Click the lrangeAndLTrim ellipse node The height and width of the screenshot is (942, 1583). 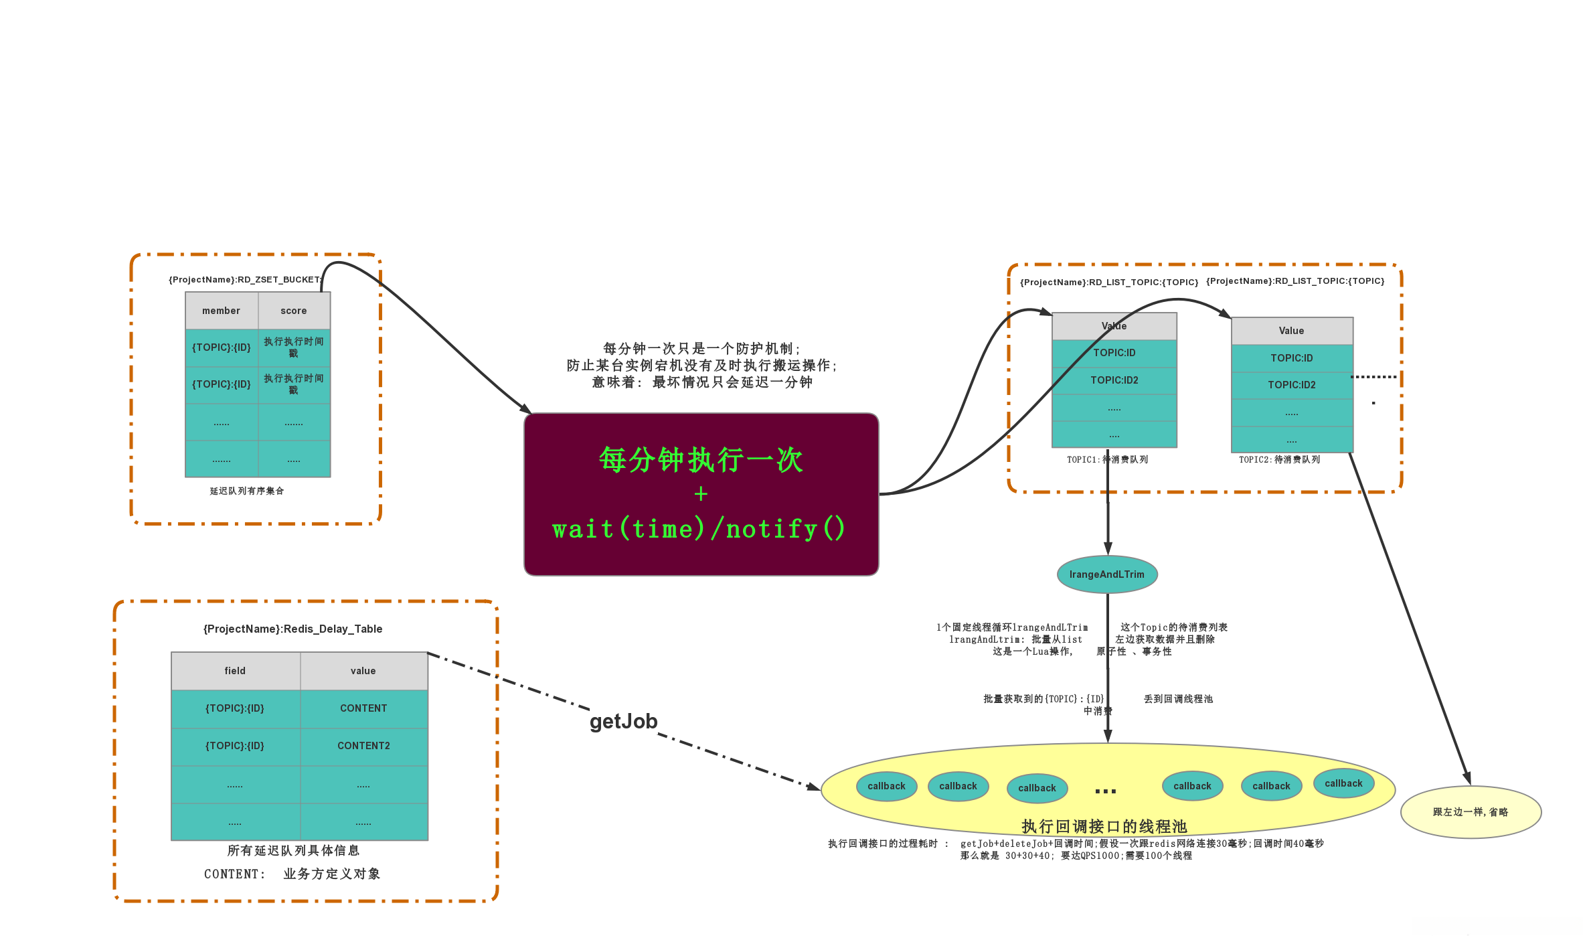point(1106,574)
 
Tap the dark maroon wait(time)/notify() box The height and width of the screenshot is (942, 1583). point(701,494)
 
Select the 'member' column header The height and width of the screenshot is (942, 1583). point(222,311)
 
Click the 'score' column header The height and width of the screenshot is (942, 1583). point(294,311)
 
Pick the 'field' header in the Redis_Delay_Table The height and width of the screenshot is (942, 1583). point(235,671)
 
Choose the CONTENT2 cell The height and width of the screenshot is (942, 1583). point(363,746)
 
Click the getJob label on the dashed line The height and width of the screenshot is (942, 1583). point(623,721)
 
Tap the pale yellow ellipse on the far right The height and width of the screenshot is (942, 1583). point(1471,812)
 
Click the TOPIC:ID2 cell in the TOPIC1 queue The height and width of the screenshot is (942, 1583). point(1114,380)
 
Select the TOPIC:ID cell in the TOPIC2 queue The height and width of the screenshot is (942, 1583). point(1292,358)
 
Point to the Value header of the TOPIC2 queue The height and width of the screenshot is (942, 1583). point(1292,331)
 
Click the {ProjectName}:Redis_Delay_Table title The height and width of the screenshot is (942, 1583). point(293,629)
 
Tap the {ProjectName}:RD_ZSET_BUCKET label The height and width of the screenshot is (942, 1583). point(245,280)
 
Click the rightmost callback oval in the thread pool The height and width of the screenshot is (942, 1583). point(1343,783)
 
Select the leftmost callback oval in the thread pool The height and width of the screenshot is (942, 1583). point(886,786)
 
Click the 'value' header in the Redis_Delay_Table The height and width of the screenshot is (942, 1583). point(363,671)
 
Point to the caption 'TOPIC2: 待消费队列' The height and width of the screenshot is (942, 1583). point(1279,460)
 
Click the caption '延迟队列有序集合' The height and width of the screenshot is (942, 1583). point(247,491)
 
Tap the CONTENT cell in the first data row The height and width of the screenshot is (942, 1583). point(363,708)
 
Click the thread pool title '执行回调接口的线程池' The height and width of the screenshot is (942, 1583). point(1104,826)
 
